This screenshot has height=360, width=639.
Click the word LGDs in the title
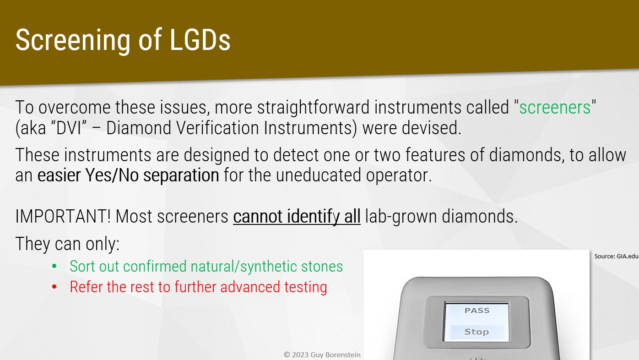(x=200, y=40)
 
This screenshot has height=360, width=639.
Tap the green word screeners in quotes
(x=555, y=108)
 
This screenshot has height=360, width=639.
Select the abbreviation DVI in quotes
(x=70, y=128)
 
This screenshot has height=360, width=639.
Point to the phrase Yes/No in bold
(x=112, y=175)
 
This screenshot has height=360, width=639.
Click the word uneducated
(x=319, y=175)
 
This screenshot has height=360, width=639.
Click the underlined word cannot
(x=258, y=216)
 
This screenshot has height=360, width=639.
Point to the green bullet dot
(x=54, y=267)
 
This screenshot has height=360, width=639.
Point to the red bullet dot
(x=54, y=287)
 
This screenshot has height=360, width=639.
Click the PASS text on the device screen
(x=477, y=311)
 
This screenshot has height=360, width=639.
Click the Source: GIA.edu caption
(x=616, y=256)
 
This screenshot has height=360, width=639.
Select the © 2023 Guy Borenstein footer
(x=322, y=355)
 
